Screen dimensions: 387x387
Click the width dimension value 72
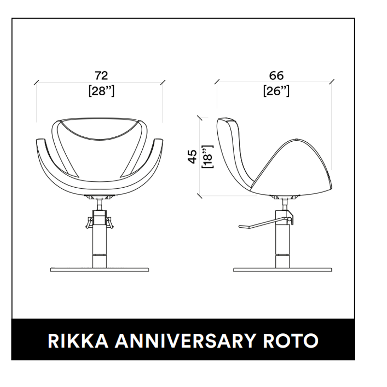click(x=102, y=75)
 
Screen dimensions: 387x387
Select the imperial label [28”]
click(x=102, y=91)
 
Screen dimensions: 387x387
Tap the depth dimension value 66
click(x=276, y=75)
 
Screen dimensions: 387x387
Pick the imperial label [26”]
click(x=276, y=91)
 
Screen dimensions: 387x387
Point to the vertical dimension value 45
click(x=193, y=156)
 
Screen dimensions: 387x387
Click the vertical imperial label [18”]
click(x=208, y=157)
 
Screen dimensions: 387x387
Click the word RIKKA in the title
click(x=78, y=341)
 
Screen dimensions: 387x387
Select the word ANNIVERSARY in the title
click(x=184, y=341)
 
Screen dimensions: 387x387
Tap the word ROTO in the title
click(x=291, y=341)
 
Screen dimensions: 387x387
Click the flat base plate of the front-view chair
click(x=100, y=269)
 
